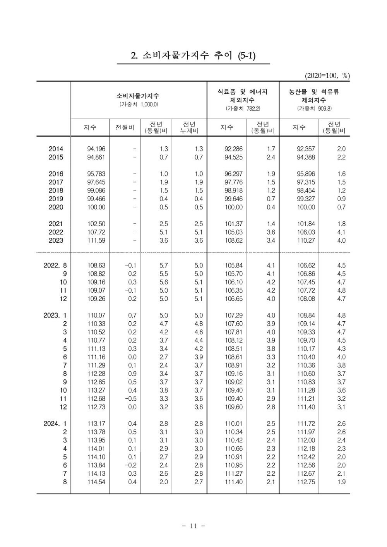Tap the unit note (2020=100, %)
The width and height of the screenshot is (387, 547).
coord(327,75)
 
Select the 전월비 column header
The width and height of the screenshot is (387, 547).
coord(125,127)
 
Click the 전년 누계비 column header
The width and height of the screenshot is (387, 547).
coord(189,127)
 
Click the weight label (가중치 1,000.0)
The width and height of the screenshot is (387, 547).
coord(139,105)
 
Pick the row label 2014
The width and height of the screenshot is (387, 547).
coord(56,149)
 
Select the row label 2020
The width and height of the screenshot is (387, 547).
coord(56,207)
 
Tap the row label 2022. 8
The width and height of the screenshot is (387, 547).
coord(55,266)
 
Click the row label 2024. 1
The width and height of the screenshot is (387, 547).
coord(55,424)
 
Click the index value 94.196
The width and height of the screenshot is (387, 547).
coord(96,149)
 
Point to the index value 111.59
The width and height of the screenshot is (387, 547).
coord(96,240)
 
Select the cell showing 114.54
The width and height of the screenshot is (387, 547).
coord(96,482)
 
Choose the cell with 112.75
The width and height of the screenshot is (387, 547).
coord(306,482)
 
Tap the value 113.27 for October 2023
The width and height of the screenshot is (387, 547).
coord(96,390)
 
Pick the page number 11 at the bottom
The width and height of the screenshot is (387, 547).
coord(193,526)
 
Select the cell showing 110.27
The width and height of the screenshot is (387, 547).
coord(306,240)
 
